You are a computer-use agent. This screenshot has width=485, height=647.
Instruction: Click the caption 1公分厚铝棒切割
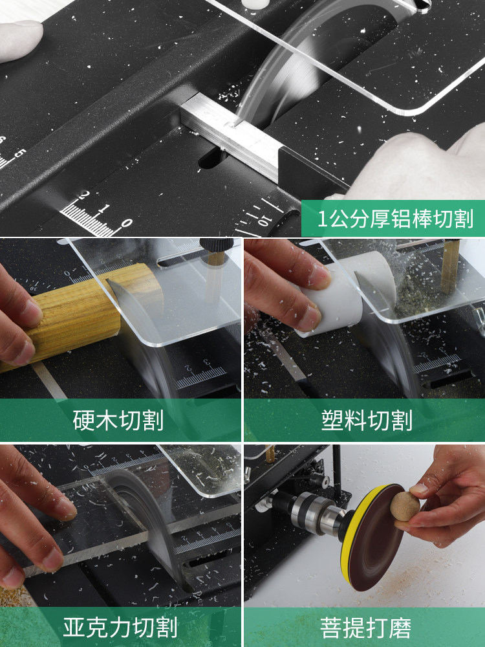[x=395, y=218]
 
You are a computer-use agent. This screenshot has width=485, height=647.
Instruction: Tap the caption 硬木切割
[x=118, y=420]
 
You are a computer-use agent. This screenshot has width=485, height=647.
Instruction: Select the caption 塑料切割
[x=367, y=420]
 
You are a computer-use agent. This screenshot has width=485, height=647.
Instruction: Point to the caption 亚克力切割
[x=120, y=627]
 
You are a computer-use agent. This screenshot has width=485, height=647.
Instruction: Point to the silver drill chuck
[x=314, y=513]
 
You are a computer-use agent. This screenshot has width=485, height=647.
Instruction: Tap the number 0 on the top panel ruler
[x=127, y=223]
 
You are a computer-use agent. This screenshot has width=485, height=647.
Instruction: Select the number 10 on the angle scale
[x=263, y=221]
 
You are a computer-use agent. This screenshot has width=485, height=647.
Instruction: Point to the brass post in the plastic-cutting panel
[x=450, y=266]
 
